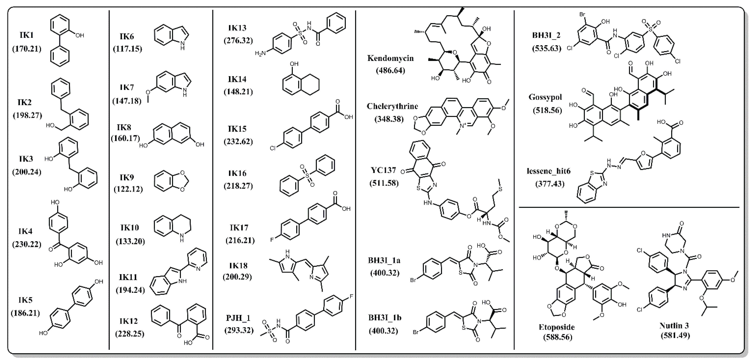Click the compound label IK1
click(x=27, y=35)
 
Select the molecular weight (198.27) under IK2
click(x=27, y=115)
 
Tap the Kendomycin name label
click(x=390, y=58)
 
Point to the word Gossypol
click(x=545, y=97)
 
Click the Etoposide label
click(x=556, y=327)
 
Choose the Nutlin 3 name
click(x=674, y=325)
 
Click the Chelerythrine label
click(x=392, y=106)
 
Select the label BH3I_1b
click(x=385, y=318)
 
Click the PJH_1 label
click(x=238, y=318)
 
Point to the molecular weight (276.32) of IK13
click(x=238, y=40)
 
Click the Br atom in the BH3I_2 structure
click(x=582, y=14)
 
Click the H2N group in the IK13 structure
click(x=260, y=53)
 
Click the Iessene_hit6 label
click(x=548, y=171)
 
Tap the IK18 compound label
click(x=238, y=266)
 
